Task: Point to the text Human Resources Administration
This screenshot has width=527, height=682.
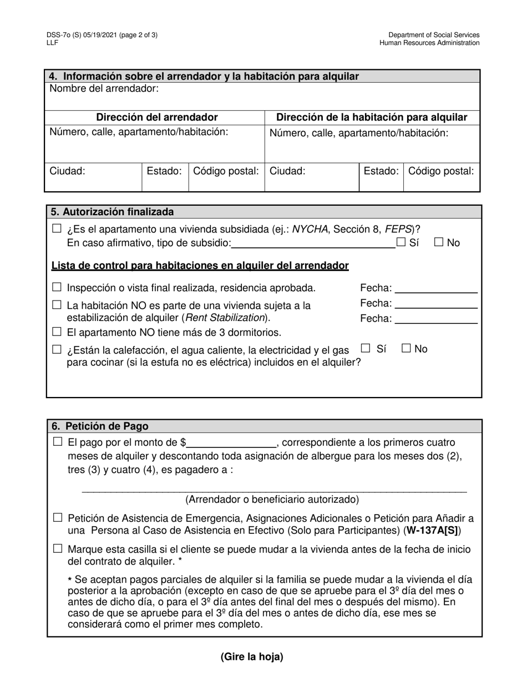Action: click(x=429, y=43)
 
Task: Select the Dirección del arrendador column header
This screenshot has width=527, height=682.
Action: click(x=157, y=118)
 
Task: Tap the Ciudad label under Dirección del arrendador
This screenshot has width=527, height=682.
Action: click(x=68, y=171)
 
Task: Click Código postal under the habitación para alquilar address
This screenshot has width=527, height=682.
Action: click(x=441, y=171)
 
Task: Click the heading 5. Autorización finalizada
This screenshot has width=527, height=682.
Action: click(x=113, y=212)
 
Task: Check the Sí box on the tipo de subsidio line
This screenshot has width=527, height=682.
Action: click(x=401, y=242)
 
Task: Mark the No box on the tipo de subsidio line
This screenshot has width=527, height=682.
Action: click(x=439, y=242)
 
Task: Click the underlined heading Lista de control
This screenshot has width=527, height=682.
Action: click(x=200, y=266)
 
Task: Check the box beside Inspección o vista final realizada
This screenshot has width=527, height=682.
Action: click(x=57, y=287)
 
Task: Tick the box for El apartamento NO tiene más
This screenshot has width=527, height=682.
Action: click(x=57, y=332)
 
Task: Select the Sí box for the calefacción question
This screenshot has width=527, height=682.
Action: click(x=366, y=348)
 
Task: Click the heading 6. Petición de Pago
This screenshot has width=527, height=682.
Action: click(x=100, y=426)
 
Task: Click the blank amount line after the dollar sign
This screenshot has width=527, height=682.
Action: click(x=231, y=444)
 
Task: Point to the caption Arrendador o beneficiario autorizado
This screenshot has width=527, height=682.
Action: click(x=272, y=500)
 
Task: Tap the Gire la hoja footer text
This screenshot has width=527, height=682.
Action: click(x=252, y=657)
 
